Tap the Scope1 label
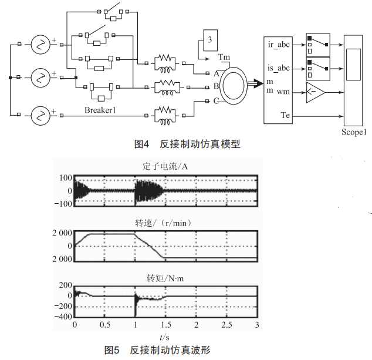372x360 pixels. (354, 132)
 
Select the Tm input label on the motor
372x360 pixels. (224, 57)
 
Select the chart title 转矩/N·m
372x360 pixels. (166, 278)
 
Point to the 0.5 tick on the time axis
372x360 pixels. (105, 324)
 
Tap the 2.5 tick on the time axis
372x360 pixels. (226, 324)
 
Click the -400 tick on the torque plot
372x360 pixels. (63, 317)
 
